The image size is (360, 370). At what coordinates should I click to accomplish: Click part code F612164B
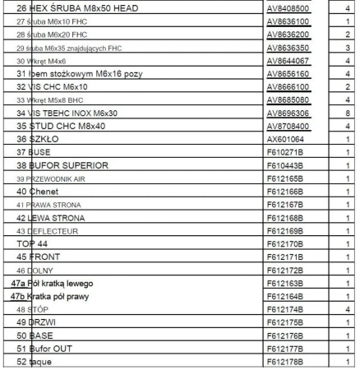[284, 295]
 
